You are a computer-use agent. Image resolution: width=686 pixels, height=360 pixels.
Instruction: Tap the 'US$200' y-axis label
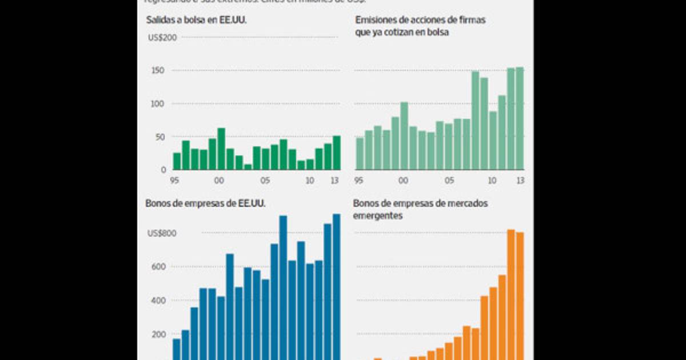click(x=162, y=38)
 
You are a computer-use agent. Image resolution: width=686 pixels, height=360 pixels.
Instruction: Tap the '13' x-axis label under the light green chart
click(x=520, y=181)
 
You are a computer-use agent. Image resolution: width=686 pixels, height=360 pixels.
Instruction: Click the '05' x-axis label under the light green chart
click(x=450, y=181)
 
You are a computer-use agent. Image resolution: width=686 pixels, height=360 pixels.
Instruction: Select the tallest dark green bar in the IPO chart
click(x=221, y=149)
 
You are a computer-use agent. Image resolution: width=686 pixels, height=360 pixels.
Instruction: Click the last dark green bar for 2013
click(x=337, y=153)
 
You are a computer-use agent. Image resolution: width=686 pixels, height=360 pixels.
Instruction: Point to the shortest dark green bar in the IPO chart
click(x=248, y=167)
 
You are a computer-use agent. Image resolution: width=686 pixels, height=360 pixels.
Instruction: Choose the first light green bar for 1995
click(x=360, y=154)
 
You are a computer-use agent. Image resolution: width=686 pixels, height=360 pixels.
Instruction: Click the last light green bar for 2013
click(x=520, y=118)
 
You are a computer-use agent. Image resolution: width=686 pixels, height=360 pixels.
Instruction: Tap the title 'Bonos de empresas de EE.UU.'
click(x=206, y=203)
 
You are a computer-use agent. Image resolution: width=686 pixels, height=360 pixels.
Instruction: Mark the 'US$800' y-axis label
click(x=162, y=233)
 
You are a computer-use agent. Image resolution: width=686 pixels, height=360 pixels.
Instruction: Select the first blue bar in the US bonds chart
click(x=177, y=349)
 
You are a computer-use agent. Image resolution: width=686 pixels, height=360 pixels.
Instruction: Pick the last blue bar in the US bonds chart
click(x=336, y=286)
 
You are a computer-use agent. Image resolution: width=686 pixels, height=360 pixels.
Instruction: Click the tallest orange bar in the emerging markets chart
click(x=511, y=294)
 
